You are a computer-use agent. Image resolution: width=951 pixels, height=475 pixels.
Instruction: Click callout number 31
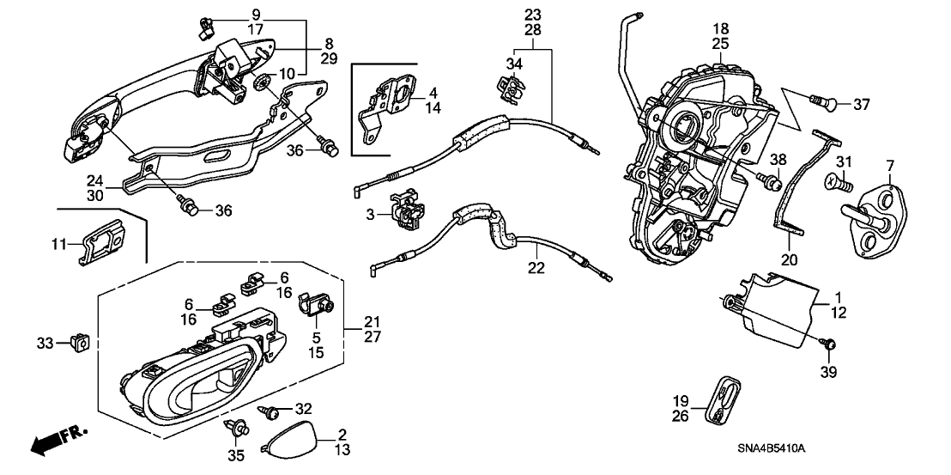point(844,164)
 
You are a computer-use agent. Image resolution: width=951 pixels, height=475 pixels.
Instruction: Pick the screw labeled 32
point(269,413)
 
